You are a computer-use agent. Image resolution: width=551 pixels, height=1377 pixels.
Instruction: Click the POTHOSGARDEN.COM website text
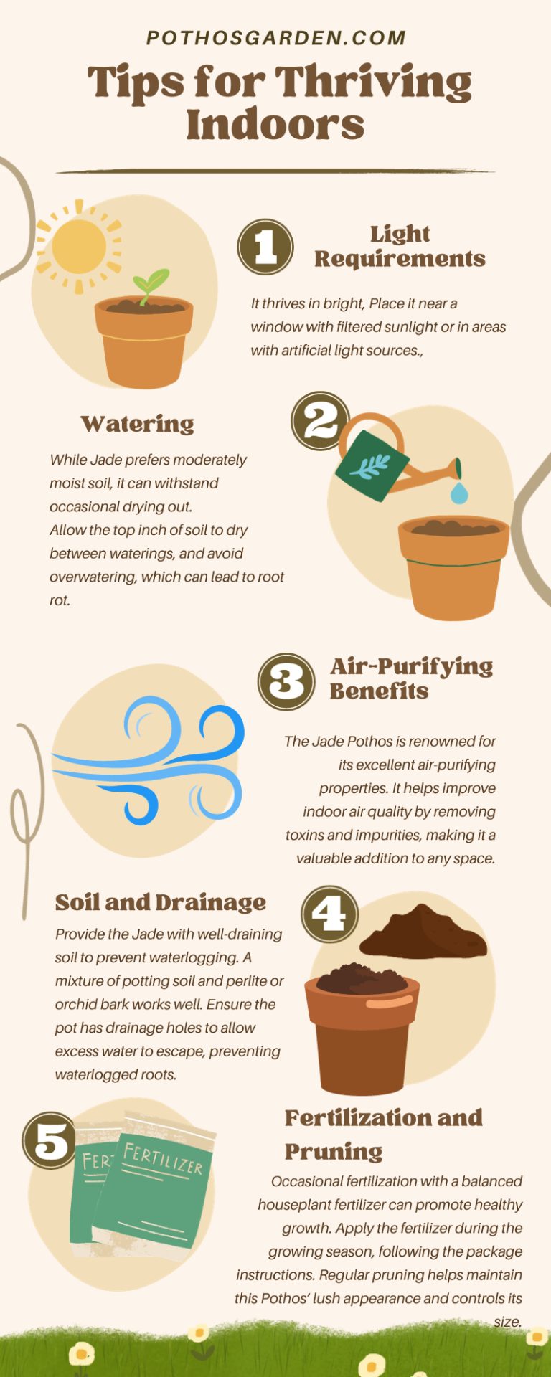pos(276,38)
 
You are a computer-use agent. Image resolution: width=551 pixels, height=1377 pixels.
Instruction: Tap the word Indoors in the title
pos(275,125)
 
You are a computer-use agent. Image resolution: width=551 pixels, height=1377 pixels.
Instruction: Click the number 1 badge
pos(265,247)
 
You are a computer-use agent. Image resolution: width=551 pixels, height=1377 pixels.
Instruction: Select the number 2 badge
pos(320,421)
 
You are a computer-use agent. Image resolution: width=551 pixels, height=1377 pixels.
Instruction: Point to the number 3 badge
pos(286,681)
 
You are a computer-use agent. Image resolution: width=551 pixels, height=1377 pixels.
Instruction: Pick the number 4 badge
pos(329,914)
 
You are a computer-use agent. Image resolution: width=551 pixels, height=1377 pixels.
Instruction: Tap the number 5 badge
pos(50,1140)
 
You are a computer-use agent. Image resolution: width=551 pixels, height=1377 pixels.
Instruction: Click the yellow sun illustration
pos(79,247)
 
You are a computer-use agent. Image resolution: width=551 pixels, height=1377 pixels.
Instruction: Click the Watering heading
pos(137,424)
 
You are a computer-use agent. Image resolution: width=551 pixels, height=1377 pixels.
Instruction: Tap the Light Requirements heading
pos(400,246)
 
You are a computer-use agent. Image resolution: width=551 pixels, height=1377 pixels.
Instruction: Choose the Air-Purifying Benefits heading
pos(411,678)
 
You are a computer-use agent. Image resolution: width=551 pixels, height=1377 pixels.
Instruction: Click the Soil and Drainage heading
pos(161,902)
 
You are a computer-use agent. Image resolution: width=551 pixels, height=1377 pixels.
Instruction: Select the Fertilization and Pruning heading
pos(383,1134)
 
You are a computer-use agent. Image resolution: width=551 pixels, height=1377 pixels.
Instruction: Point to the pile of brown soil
pos(423,932)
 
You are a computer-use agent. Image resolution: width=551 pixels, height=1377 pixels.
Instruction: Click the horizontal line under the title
pos(275,171)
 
